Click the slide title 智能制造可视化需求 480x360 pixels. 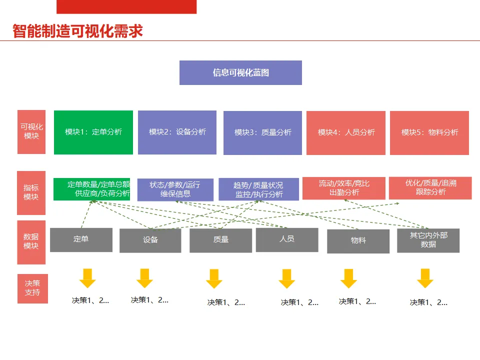coord(78,31)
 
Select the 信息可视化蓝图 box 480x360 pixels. coord(240,72)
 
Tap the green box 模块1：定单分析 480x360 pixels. coord(93,132)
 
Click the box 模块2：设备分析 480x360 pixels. coord(177,132)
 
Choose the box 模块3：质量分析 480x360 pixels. coord(262,132)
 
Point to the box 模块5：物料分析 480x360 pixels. coord(429,132)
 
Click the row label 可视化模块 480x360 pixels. coord(31,131)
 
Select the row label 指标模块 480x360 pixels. coord(31,192)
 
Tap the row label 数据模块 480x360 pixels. coord(31,241)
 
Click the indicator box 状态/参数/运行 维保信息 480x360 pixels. coord(175,189)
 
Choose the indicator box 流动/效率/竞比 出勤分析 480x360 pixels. coord(344,188)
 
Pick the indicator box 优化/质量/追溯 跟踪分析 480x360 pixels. coord(430,187)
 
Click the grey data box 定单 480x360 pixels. coord(81,239)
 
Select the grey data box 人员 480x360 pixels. coord(287,239)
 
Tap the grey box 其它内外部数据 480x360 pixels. coord(428,240)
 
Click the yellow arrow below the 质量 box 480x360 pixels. coord(214,278)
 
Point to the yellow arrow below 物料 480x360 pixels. coord(348,278)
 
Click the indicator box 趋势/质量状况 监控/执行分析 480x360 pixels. coord(258,189)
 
